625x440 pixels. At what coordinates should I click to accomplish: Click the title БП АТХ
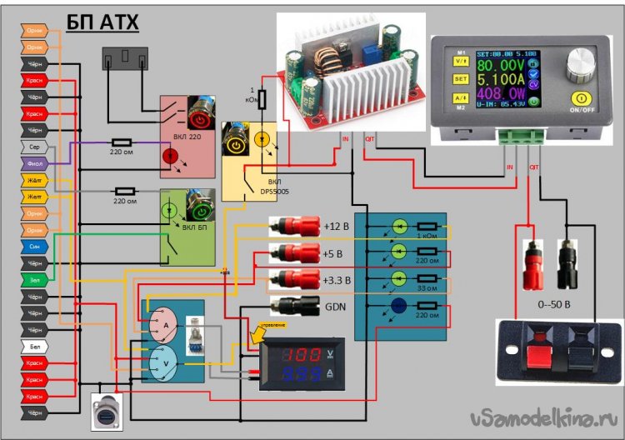coord(102,21)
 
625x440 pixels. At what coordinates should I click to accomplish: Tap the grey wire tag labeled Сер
coord(33,147)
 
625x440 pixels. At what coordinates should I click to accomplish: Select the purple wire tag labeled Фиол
coord(33,164)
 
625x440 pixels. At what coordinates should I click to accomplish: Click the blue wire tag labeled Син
coord(33,247)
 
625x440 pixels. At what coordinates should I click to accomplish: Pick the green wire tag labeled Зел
coord(33,279)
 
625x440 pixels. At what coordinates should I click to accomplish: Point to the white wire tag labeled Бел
coord(33,345)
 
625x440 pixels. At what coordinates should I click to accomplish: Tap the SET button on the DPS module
coord(460,78)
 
